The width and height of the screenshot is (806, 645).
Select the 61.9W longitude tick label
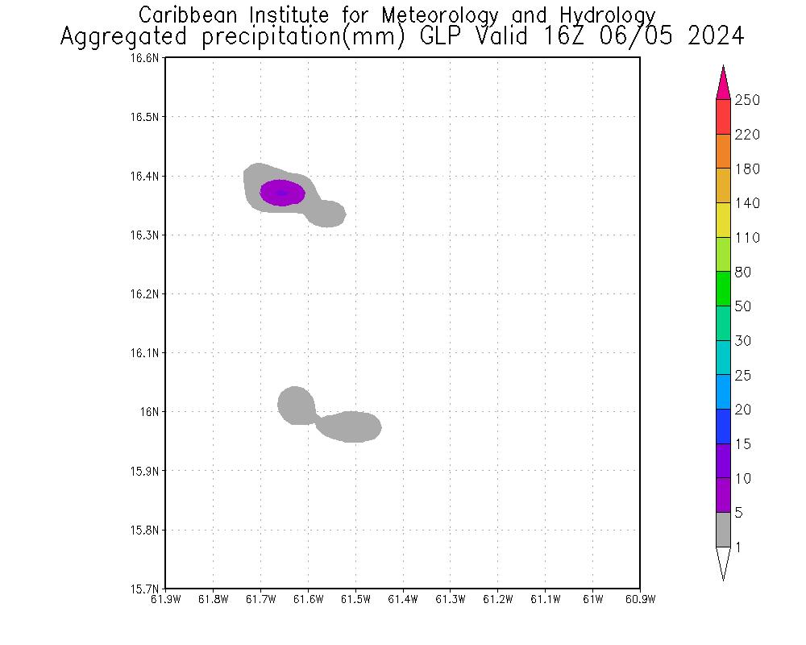[165, 599]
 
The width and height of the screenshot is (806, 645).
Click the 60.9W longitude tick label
[640, 599]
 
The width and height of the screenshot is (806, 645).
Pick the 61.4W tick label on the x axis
[402, 599]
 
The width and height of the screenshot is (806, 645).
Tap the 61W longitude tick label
[592, 599]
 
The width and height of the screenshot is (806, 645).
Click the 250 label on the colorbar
[747, 100]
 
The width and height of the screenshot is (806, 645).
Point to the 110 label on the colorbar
[747, 238]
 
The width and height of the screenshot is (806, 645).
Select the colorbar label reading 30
[743, 341]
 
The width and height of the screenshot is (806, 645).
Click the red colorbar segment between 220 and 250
[723, 117]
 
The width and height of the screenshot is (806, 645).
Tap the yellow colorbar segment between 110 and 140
[723, 220]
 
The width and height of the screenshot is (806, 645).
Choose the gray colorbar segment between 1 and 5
[723, 530]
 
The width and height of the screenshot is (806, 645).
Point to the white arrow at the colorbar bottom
[723, 562]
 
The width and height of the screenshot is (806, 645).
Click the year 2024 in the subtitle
[716, 37]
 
